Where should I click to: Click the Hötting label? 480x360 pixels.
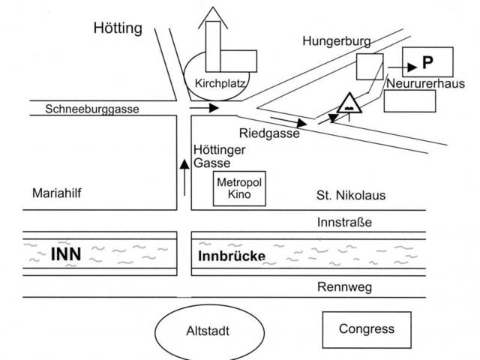tap(118, 29)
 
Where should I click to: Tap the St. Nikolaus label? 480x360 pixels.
tap(350, 196)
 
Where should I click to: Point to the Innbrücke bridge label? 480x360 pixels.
tap(231, 256)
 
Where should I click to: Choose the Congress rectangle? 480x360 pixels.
tap(366, 329)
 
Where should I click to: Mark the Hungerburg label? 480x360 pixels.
tap(332, 42)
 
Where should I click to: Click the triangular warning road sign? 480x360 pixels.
tap(350, 103)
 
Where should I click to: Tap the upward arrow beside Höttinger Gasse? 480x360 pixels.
tap(183, 176)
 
